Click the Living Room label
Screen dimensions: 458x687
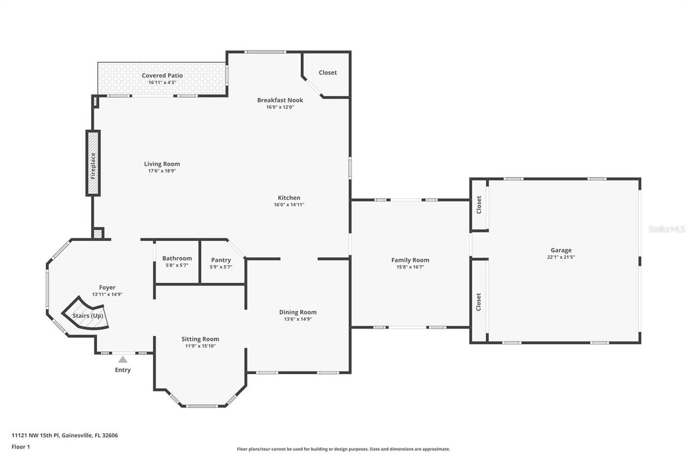[x=162, y=164]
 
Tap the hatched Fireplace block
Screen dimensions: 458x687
[x=93, y=163]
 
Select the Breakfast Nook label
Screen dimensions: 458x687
[x=280, y=100]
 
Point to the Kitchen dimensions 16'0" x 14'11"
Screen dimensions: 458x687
[x=289, y=205]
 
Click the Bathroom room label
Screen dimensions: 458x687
[x=177, y=258]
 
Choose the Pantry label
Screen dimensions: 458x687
[x=221, y=260]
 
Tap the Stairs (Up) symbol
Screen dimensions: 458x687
[x=87, y=315]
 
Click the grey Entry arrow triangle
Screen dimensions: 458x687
[x=123, y=359]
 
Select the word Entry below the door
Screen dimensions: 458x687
[x=122, y=370]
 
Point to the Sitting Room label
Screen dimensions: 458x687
[x=200, y=339]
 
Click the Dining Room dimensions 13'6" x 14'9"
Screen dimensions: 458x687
[x=297, y=319]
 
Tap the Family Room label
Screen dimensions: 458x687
[x=410, y=260]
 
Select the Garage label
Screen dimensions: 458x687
[x=561, y=250]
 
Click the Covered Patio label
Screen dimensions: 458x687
[x=162, y=75]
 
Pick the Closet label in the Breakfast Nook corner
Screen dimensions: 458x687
[x=327, y=72]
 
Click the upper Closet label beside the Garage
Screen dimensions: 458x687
[x=479, y=205]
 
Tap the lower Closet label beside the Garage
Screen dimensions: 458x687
[x=478, y=302]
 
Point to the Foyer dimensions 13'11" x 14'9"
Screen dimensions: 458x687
[x=107, y=294]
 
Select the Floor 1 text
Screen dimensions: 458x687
[x=20, y=446]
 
